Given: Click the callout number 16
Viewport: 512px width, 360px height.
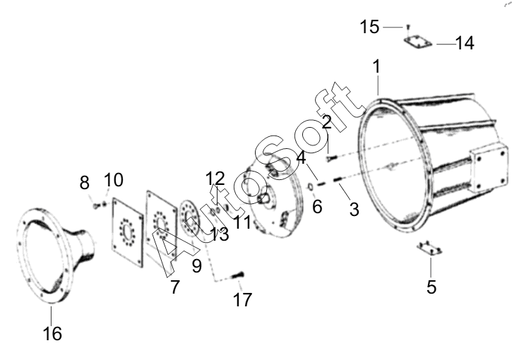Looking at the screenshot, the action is (x=52, y=333).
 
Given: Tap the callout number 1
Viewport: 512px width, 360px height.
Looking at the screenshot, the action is (x=376, y=66).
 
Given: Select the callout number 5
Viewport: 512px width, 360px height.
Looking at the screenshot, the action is (x=431, y=287).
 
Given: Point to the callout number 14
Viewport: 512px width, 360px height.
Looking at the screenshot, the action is (x=464, y=43).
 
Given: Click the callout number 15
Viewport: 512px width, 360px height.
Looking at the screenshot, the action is (x=369, y=26).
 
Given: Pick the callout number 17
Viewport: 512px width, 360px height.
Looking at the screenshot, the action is (x=242, y=299).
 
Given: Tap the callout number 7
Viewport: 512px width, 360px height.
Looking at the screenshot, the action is (x=175, y=287).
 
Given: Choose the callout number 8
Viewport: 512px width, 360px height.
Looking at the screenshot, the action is (x=84, y=182).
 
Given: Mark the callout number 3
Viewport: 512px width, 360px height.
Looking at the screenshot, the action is (x=355, y=209).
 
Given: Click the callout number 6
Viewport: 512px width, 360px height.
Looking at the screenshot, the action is (x=317, y=207).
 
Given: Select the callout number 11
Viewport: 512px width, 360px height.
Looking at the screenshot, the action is (x=242, y=222).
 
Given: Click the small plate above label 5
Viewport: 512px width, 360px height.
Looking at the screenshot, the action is (x=429, y=248).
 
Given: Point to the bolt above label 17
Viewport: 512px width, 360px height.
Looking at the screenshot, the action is (x=238, y=275).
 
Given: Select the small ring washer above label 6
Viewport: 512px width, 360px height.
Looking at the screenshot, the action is (x=311, y=187).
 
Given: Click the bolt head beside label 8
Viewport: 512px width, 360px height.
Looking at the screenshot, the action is (x=96, y=206).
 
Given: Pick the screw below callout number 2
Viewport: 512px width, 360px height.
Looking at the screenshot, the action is (x=331, y=159).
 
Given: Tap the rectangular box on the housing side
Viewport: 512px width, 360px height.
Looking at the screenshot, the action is (x=489, y=169).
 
